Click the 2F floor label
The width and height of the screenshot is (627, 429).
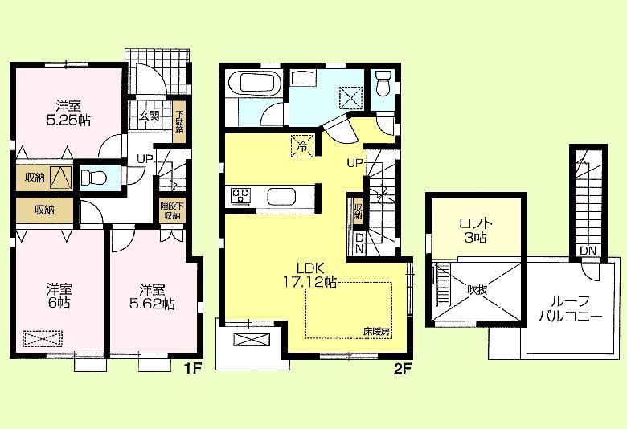pos(402,370)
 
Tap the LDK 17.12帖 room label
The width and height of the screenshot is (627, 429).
pos(309,275)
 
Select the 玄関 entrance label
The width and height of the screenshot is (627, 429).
pos(149,116)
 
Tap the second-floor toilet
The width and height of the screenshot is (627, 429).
pos(383,81)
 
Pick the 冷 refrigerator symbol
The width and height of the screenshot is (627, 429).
pos(301,147)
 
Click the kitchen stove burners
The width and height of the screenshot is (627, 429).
pos(242,195)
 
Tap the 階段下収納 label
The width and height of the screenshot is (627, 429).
pos(172,210)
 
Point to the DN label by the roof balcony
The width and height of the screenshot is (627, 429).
pos(588,251)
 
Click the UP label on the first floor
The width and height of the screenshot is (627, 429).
pos(145,158)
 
